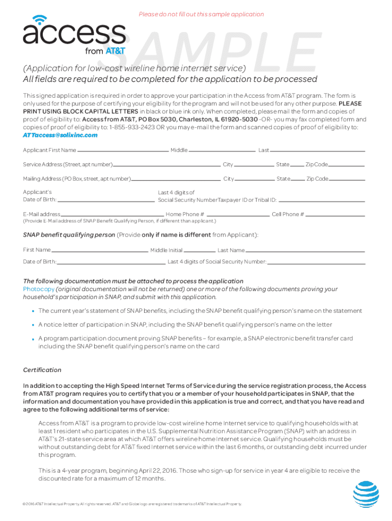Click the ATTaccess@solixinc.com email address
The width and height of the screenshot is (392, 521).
(60, 135)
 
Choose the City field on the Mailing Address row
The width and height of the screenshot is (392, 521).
(254, 180)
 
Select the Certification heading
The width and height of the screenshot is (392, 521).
(42, 370)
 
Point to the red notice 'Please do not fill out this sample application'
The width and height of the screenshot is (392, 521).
(201, 14)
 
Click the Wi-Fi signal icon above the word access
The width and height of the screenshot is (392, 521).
(37, 20)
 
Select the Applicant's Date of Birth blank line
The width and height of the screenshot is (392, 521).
(105, 201)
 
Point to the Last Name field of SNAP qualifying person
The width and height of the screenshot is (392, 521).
(305, 251)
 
